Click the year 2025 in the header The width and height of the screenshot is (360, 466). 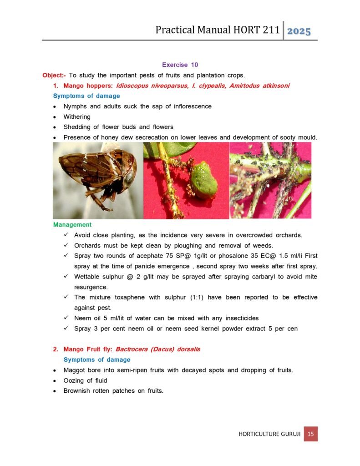tap(299, 31)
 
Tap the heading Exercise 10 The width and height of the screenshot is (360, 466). tap(180, 65)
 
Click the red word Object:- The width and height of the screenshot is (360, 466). tap(54, 75)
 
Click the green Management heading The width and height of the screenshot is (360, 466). tap(72, 225)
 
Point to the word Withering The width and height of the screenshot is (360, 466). tap(77, 116)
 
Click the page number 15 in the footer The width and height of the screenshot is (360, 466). tap(311, 434)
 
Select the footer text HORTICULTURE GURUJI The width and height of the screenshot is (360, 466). tap(269, 434)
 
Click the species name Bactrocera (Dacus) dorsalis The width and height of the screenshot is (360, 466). tap(158, 349)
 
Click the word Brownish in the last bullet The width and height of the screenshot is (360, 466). tap(77, 391)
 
